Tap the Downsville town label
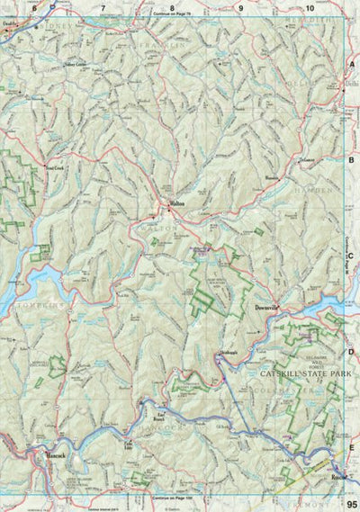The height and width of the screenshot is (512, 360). tap(268, 308)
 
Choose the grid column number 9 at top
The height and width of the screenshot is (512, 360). tap(240, 7)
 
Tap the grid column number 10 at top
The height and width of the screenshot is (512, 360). tap(309, 7)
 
